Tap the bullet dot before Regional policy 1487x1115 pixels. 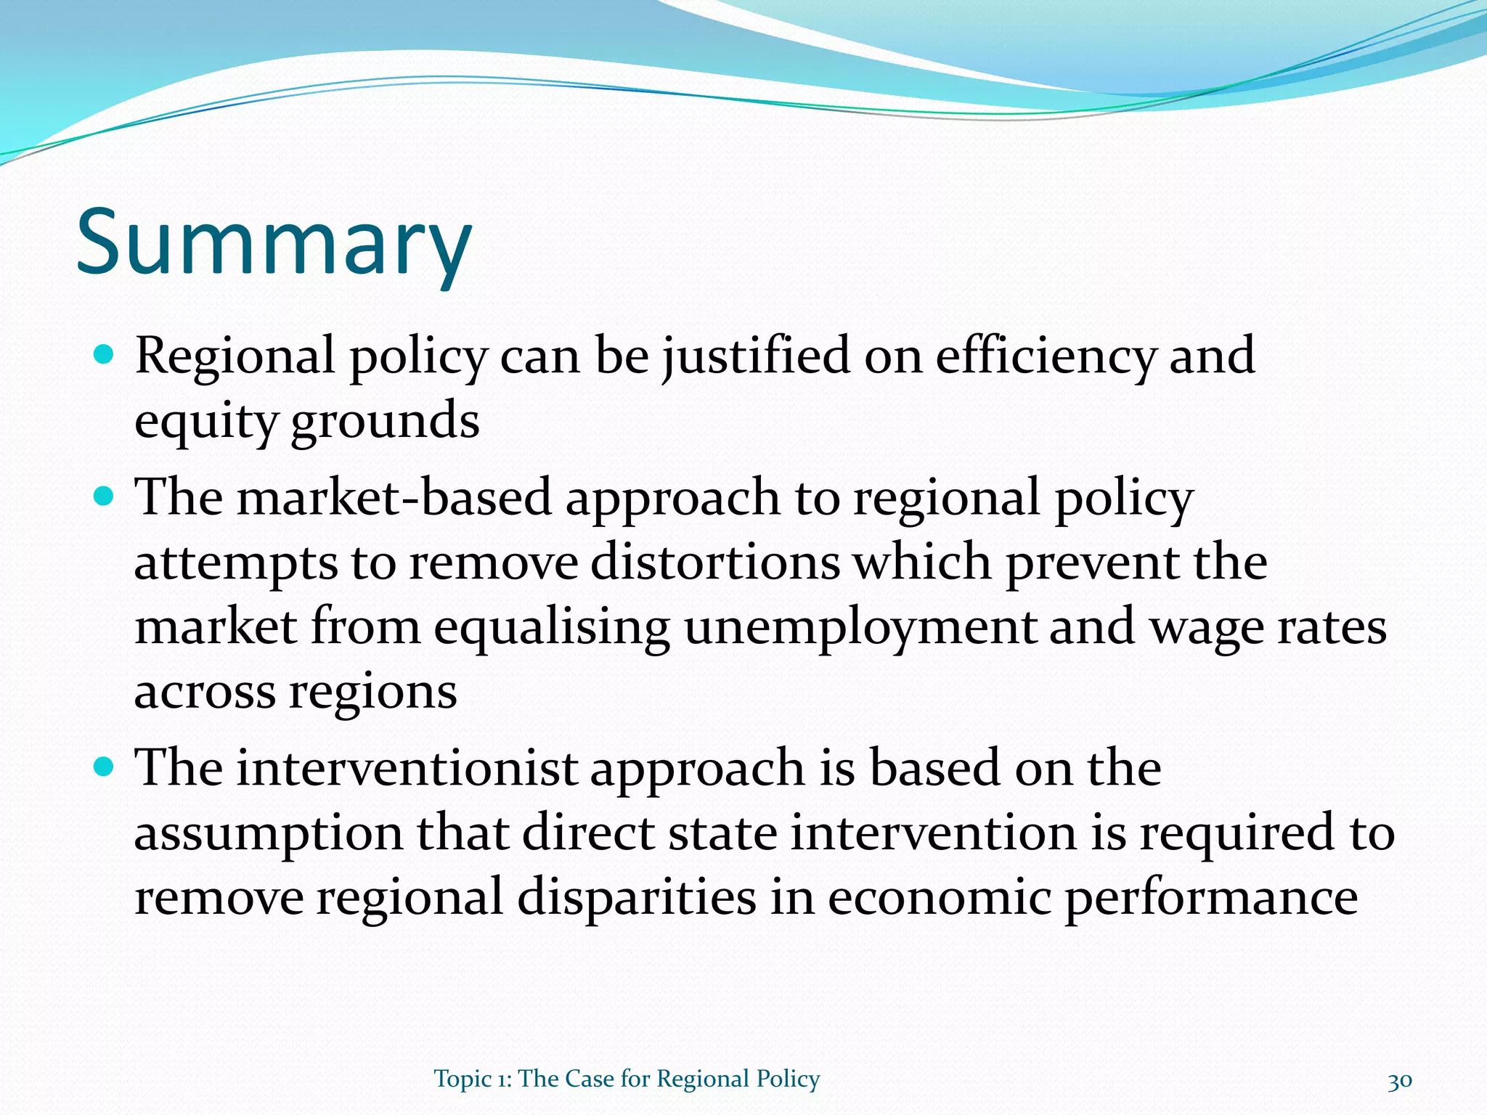(105, 355)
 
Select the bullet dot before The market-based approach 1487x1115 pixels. (105, 497)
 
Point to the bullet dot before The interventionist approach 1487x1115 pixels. (105, 767)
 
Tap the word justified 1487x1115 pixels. (756, 357)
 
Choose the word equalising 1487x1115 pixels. (552, 628)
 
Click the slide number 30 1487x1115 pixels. (1399, 1080)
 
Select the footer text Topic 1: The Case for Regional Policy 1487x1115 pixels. (627, 1079)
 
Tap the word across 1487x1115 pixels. (205, 693)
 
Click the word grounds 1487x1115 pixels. (385, 422)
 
